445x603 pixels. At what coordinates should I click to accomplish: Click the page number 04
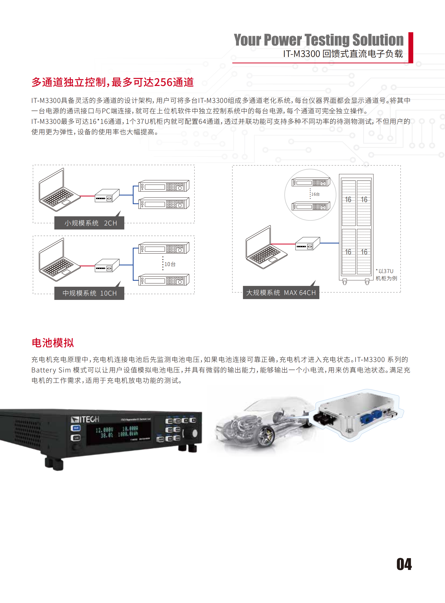404,564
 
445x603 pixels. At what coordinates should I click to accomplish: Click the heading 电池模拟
53,343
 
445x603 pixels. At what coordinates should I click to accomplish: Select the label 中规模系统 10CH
89,293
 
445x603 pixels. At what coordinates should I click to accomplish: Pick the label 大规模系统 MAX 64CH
281,292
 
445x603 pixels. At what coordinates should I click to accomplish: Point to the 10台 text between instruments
170,264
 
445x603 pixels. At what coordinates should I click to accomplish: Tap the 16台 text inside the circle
315,194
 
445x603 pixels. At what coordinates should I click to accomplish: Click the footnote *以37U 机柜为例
386,275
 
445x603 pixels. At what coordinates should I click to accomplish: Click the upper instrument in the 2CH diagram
164,186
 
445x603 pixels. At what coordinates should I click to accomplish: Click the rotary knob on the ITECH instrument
194,433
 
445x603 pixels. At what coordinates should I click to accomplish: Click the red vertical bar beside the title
411,48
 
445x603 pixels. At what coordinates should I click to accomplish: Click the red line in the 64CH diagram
282,244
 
